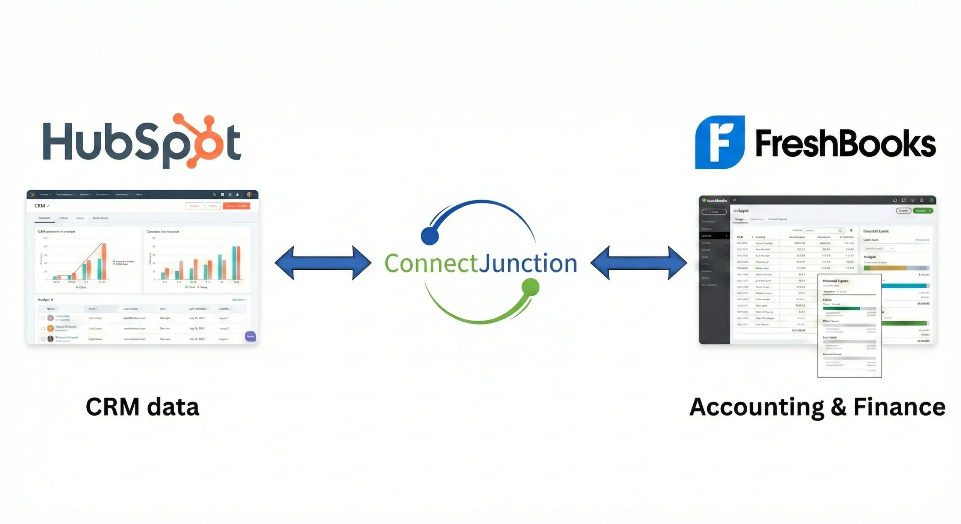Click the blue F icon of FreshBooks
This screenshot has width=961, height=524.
tap(719, 142)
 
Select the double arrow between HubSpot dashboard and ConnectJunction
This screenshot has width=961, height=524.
tap(323, 263)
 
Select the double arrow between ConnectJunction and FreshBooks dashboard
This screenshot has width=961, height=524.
tap(639, 263)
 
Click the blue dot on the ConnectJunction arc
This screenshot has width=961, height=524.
tap(430, 236)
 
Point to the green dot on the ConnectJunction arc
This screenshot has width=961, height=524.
tap(530, 287)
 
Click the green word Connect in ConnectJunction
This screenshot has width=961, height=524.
tap(431, 264)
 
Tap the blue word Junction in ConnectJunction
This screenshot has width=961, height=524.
tap(528, 264)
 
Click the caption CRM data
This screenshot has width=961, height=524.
tap(142, 407)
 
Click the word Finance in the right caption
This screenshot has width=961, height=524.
tap(899, 407)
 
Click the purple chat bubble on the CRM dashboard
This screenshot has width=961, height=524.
tap(250, 336)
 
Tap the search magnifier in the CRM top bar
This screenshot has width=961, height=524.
tap(214, 195)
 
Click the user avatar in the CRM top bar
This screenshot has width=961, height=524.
tap(249, 195)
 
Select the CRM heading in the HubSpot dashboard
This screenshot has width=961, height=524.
tap(39, 206)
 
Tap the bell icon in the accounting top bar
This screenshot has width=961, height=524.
tap(922, 200)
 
